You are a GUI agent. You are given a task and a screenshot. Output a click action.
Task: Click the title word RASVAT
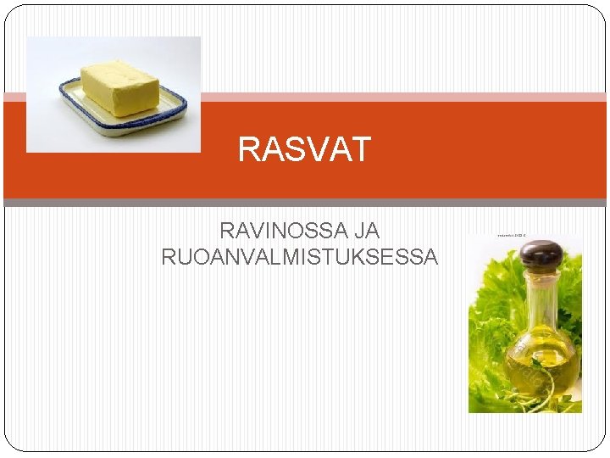pos(304,150)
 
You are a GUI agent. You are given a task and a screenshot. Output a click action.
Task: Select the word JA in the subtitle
pos(368,230)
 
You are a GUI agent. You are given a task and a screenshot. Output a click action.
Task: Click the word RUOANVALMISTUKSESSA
pos(300,256)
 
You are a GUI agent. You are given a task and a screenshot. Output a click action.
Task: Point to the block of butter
pos(119,87)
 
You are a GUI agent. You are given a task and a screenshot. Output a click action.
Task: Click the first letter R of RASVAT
pos(248,150)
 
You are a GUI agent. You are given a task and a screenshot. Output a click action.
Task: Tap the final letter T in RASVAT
pos(362,150)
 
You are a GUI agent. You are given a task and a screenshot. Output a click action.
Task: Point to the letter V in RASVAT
pos(313,150)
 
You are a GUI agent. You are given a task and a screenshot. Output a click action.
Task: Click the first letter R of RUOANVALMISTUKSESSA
pos(169,256)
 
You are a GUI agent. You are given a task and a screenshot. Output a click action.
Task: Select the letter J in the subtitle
pos(361,230)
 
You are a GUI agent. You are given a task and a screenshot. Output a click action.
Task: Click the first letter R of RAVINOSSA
pos(227,230)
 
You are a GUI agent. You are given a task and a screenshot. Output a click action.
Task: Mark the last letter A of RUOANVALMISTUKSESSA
pos(431,256)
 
